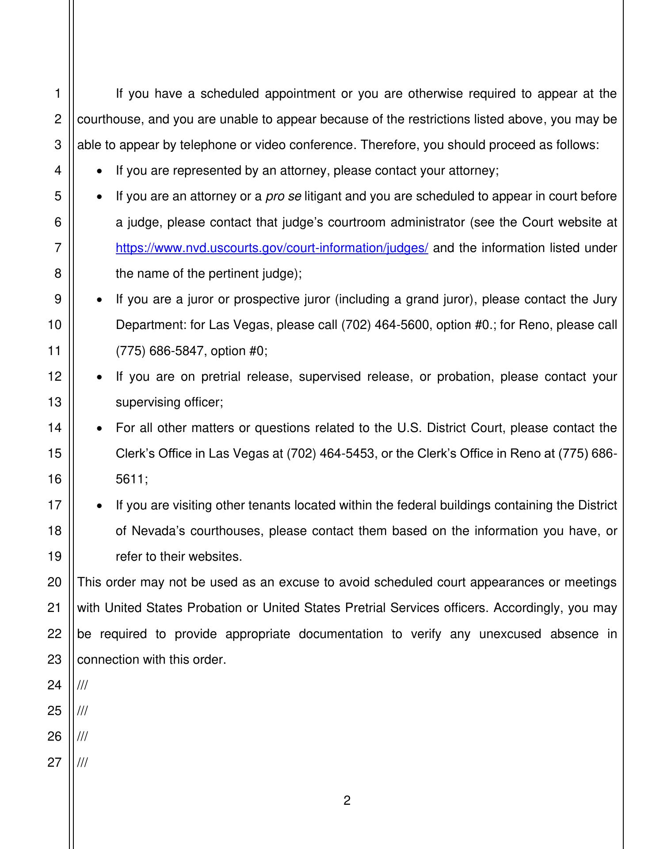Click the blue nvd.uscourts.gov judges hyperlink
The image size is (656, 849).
coord(272,248)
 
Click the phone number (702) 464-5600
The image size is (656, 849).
coord(386,325)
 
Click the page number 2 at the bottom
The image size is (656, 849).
coord(347,800)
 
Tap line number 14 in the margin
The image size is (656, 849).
coord(54,428)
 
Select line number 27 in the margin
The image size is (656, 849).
coord(54,762)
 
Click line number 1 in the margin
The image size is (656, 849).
coord(58,94)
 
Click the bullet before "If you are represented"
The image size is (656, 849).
coord(100,171)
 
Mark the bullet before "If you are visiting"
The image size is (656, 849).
coord(100,506)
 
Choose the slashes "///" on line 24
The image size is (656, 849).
coord(82,685)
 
